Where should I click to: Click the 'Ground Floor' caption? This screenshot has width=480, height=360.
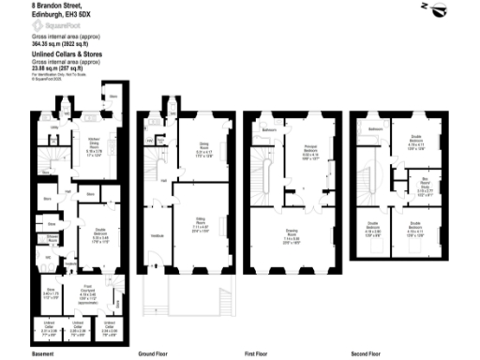153,354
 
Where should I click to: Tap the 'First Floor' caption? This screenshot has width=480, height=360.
259,354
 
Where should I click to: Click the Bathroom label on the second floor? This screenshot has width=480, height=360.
374,127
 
